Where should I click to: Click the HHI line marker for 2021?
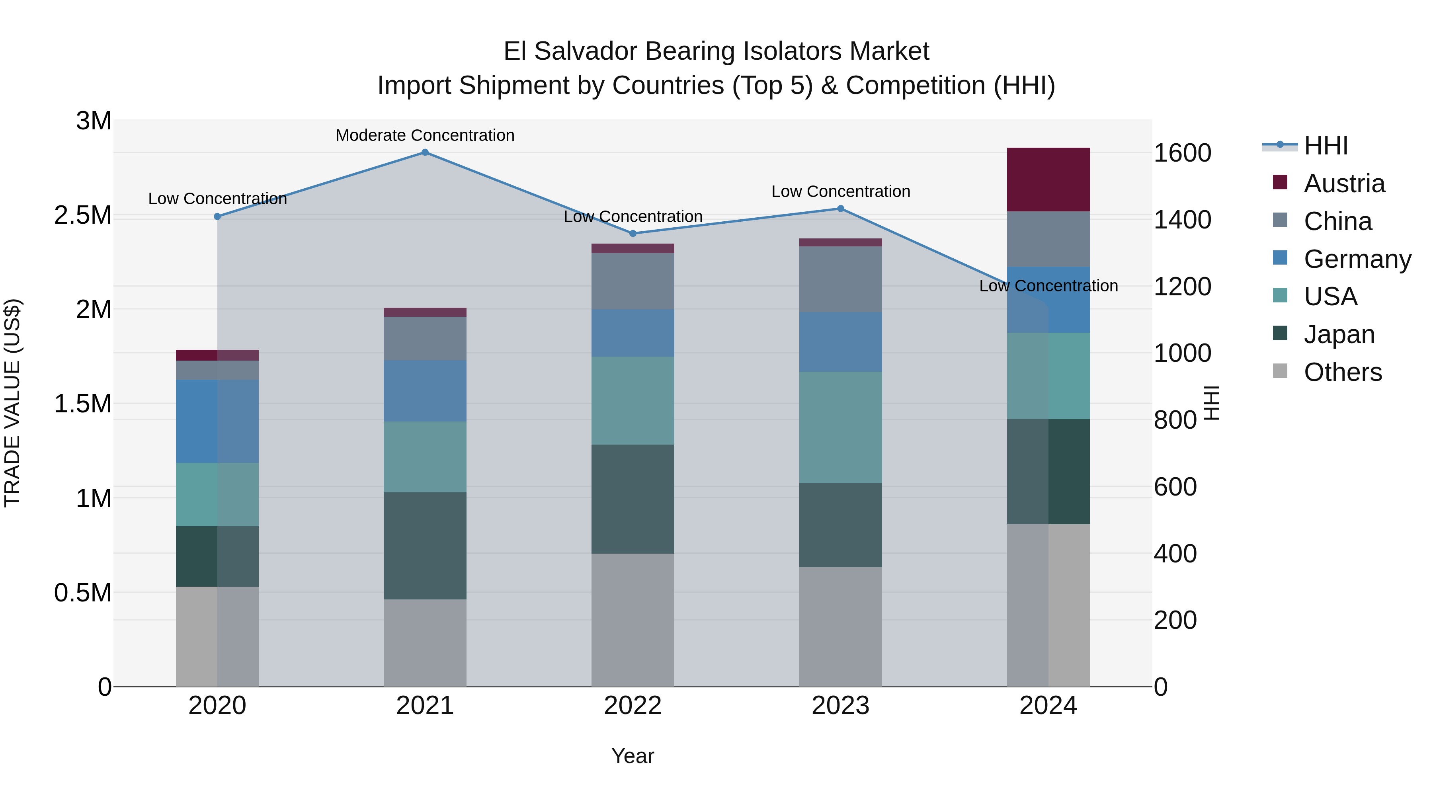[425, 152]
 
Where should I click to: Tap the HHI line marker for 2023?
[841, 209]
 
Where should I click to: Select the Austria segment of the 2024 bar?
[1048, 180]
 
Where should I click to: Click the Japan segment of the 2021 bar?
[425, 546]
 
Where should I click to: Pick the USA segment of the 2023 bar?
[841, 427]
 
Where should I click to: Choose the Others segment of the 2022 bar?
[633, 620]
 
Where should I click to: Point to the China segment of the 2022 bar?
[633, 281]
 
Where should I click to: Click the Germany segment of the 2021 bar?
[425, 390]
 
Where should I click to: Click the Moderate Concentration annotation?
[425, 135]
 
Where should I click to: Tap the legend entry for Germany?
[1357, 259]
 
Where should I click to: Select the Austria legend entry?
[1343, 183]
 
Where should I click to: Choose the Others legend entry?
[1342, 372]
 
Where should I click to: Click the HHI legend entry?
[1325, 146]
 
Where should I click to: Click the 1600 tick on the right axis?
[1182, 153]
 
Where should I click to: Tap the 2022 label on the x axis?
[633, 706]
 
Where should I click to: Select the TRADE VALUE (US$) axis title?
[12, 403]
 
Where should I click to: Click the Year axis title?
[633, 756]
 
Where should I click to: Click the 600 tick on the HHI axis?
[1175, 487]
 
